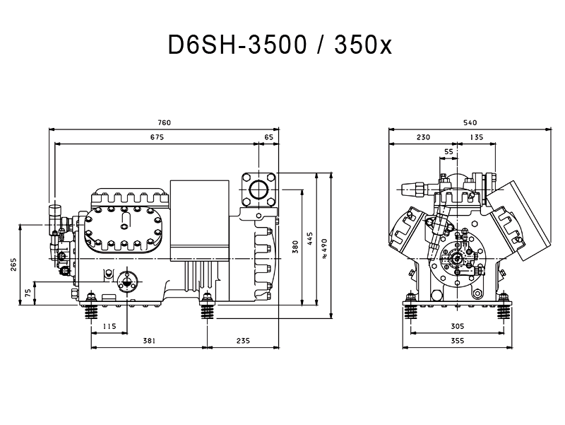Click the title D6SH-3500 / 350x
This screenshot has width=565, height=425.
click(280, 45)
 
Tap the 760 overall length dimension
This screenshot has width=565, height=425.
click(164, 122)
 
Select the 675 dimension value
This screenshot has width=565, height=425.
click(157, 137)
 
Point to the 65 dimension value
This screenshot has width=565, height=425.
click(268, 137)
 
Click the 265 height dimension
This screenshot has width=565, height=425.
click(13, 264)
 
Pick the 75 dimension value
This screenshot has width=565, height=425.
click(28, 293)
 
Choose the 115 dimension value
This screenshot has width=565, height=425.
click(109, 326)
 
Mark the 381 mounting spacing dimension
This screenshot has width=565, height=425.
click(149, 341)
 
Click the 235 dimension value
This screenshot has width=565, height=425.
click(243, 341)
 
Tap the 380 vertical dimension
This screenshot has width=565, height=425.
click(295, 247)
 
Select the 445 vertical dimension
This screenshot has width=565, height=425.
click(310, 239)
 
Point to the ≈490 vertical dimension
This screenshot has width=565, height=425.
click(324, 248)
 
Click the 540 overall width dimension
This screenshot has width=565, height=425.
click(470, 122)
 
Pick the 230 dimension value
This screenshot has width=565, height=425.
click(423, 137)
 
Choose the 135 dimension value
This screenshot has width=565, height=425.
click(476, 137)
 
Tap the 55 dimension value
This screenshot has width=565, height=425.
click(448, 152)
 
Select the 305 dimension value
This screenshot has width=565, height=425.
click(458, 326)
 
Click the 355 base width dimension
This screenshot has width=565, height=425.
click(458, 341)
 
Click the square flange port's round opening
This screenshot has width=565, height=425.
click(258, 190)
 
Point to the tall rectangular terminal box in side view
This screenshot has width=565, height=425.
click(200, 220)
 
